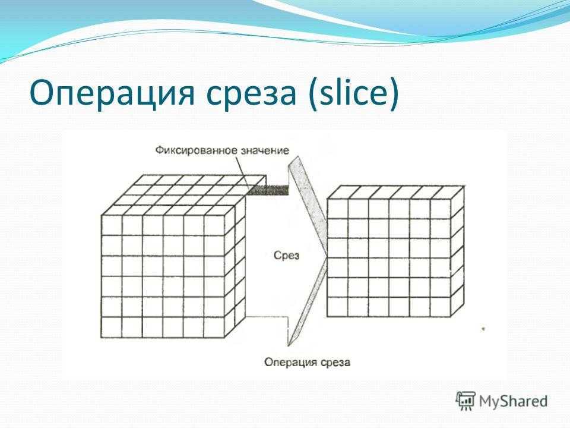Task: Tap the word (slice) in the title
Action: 353,93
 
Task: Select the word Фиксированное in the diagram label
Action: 192,150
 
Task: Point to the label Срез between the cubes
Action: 286,255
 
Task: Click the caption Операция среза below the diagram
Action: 307,362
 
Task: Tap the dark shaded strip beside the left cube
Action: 268,190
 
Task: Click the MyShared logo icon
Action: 465,401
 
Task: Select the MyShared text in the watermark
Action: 513,401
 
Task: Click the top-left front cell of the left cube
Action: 112,225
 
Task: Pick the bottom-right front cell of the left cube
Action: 214,328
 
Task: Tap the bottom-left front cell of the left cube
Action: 112,328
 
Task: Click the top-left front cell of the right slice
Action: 338,209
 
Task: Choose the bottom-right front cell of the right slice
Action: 441,307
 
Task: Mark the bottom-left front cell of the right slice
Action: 338,307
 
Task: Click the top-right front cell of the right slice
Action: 441,209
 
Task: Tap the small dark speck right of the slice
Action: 483,329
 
